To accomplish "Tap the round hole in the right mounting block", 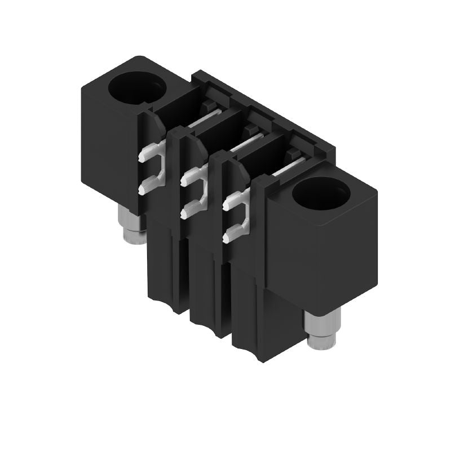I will (321, 194).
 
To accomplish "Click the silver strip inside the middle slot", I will (247, 143).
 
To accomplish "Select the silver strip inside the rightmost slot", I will (290, 166).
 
